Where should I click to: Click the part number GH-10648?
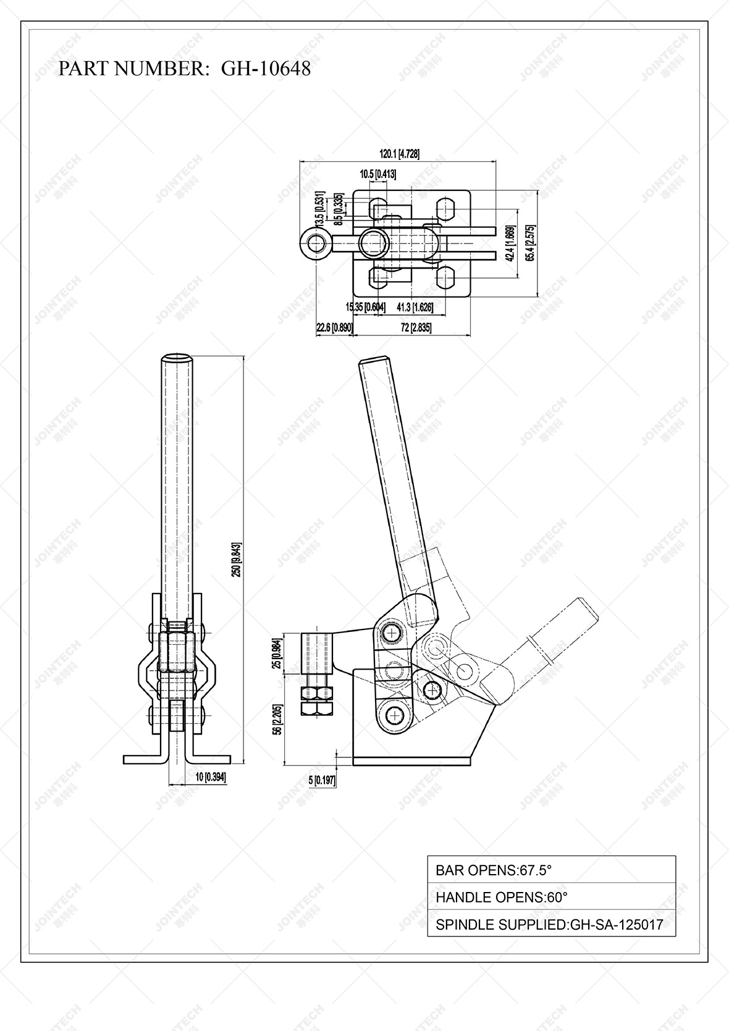pos(266,69)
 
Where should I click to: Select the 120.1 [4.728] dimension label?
pos(399,154)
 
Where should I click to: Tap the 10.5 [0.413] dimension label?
pos(377,174)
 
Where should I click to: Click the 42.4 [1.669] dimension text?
pos(510,243)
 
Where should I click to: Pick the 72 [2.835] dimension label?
pos(416,328)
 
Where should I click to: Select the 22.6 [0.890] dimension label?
pos(334,328)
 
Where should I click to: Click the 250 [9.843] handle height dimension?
pos(237,560)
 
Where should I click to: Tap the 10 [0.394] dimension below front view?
pos(210,778)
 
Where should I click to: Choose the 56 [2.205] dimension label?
pos(277,720)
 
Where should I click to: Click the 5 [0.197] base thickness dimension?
pos(322,781)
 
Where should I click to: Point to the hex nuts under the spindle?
pos(317,701)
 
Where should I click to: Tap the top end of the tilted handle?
pos(374,363)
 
